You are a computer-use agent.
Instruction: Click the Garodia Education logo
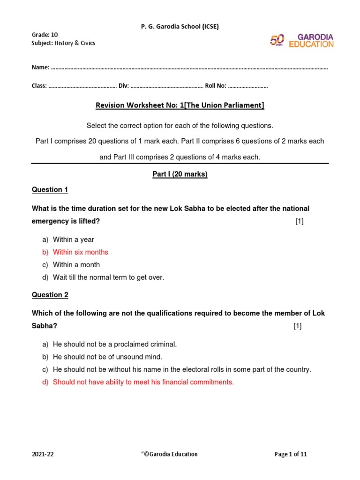[301, 40]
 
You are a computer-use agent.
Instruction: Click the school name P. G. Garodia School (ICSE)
[180, 27]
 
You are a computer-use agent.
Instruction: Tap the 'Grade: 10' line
[45, 35]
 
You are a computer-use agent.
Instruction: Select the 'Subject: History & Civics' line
[63, 43]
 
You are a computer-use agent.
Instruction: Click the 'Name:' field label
[40, 67]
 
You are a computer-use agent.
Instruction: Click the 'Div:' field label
[124, 86]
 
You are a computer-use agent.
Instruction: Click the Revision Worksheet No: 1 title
[180, 105]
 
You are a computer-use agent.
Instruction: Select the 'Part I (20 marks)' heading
[180, 174]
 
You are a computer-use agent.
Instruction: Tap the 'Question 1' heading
[50, 190]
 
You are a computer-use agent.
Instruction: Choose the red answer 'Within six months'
[80, 252]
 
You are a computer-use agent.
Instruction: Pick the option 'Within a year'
[74, 240]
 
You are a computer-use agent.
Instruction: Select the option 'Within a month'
[76, 265]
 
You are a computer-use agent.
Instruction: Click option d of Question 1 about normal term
[108, 277]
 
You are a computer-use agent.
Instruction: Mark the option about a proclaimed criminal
[115, 344]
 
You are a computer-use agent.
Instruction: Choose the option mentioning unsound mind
[107, 357]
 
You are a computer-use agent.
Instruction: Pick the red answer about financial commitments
[143, 382]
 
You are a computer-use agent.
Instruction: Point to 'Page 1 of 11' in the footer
[291, 454]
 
